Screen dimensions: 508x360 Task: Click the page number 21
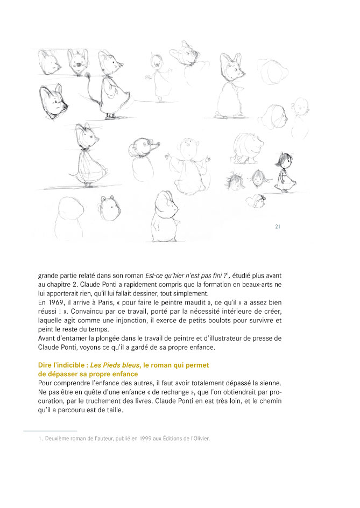[x=277, y=227]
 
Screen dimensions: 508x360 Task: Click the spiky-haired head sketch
[x=236, y=180]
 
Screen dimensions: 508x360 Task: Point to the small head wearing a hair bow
[x=255, y=201]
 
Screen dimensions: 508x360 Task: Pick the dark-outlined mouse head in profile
[x=53, y=101]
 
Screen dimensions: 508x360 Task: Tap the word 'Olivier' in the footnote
[x=199, y=439]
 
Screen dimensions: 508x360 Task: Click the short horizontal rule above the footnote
[x=50, y=431]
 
